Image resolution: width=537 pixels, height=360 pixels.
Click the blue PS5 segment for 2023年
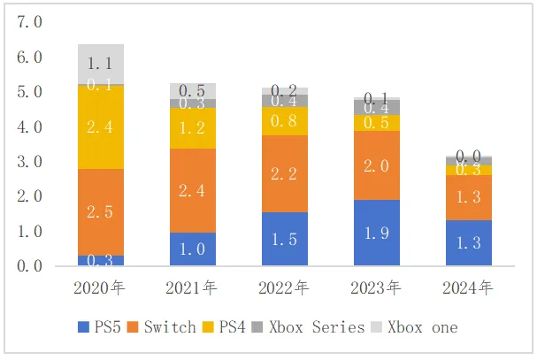tap(376, 233)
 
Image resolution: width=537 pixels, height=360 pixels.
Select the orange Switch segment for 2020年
tap(100, 212)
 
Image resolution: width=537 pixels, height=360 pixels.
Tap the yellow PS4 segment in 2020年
tap(100, 126)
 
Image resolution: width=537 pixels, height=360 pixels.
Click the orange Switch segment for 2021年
tap(192, 190)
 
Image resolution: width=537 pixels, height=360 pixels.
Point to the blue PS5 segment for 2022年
tap(284, 239)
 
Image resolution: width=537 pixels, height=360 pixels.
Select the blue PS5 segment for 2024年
tap(468, 242)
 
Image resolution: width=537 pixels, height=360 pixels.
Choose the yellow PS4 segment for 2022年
tap(284, 121)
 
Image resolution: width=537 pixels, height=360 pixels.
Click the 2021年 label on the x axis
tap(192, 287)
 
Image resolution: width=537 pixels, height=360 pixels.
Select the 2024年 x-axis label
tap(468, 287)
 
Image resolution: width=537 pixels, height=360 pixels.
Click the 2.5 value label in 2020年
tap(100, 212)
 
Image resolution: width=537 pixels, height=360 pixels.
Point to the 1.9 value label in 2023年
tap(376, 234)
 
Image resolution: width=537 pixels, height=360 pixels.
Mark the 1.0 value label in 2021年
tap(192, 249)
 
